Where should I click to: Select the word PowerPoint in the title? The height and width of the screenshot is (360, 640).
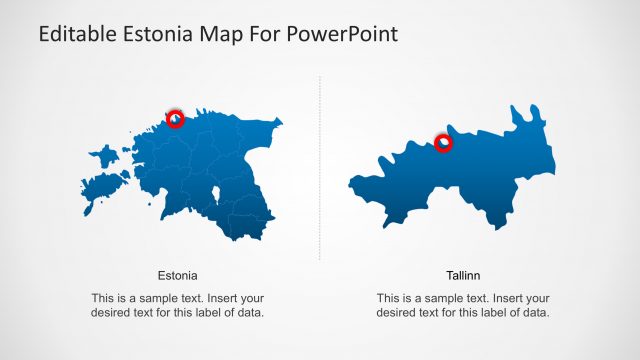[x=348, y=34]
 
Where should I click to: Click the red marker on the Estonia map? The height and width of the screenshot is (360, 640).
[x=175, y=118]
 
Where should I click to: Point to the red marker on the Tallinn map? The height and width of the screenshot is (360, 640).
[x=443, y=143]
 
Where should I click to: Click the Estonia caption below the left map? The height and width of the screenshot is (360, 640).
[x=178, y=274]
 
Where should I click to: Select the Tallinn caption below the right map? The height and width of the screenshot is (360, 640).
[x=463, y=274]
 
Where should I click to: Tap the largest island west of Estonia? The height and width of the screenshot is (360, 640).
[x=101, y=187]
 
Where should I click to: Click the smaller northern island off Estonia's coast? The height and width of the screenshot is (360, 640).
[x=104, y=155]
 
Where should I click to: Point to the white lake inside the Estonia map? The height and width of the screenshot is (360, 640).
[x=216, y=194]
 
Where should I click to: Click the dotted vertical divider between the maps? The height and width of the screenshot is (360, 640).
[x=320, y=170]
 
